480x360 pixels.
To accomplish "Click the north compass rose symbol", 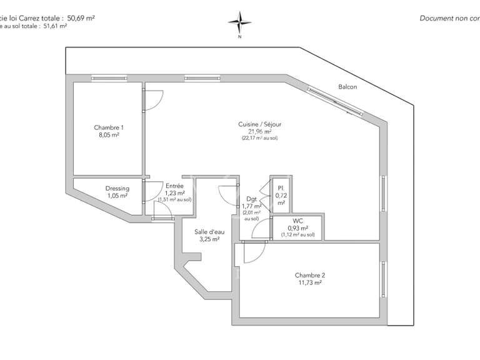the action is click(239, 23).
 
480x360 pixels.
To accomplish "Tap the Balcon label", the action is click(347, 87).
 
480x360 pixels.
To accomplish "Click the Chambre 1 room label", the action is click(108, 127).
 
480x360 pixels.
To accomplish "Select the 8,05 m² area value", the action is click(108, 134).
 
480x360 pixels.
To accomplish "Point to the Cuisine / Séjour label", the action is click(259, 124).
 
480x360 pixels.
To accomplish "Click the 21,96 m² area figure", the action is click(259, 131).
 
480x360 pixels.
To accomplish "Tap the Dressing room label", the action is click(117, 189).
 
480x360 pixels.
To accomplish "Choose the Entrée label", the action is click(174, 186).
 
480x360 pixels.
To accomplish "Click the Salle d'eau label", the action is click(209, 232).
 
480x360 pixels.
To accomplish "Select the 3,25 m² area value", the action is click(209, 239).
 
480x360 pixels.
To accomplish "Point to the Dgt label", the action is click(252, 199).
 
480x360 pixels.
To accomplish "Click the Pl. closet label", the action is click(281, 187).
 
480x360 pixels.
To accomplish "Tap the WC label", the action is click(297, 221).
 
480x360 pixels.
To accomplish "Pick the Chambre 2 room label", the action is click(309, 276).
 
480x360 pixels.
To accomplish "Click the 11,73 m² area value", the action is click(309, 283).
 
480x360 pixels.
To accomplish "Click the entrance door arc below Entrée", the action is click(163, 214).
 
